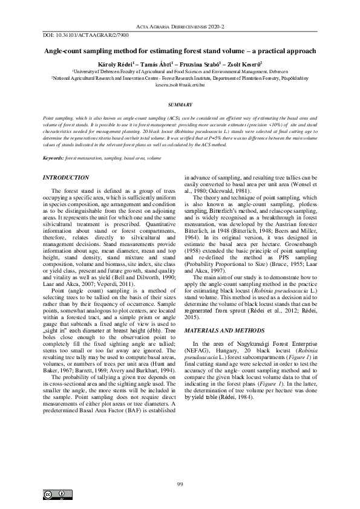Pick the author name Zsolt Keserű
click(247, 63)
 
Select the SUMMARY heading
click(180, 105)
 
